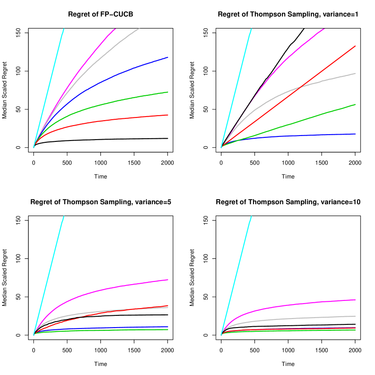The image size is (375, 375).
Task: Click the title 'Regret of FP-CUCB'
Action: coord(100,14)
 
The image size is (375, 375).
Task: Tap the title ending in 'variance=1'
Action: coord(288,14)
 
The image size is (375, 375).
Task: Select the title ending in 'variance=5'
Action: coord(100,202)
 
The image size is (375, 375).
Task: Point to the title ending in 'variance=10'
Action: coord(288,202)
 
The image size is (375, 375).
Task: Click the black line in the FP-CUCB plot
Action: coord(113,139)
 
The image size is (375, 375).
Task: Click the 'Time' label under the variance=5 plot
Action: coord(100,364)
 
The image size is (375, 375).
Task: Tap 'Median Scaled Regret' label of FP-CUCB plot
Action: coord(5,90)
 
